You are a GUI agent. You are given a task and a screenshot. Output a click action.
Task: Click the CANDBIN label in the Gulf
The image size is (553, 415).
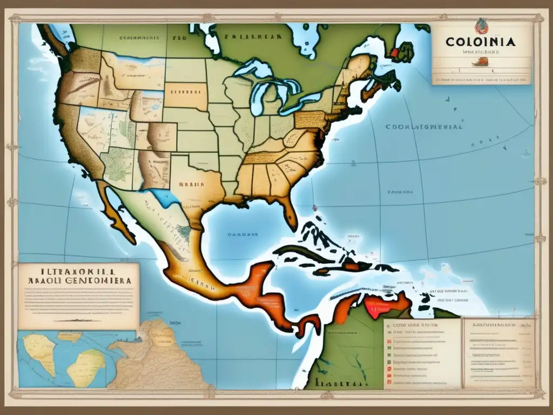point(241,234)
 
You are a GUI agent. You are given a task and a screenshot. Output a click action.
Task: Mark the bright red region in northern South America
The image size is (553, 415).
point(381,308)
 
